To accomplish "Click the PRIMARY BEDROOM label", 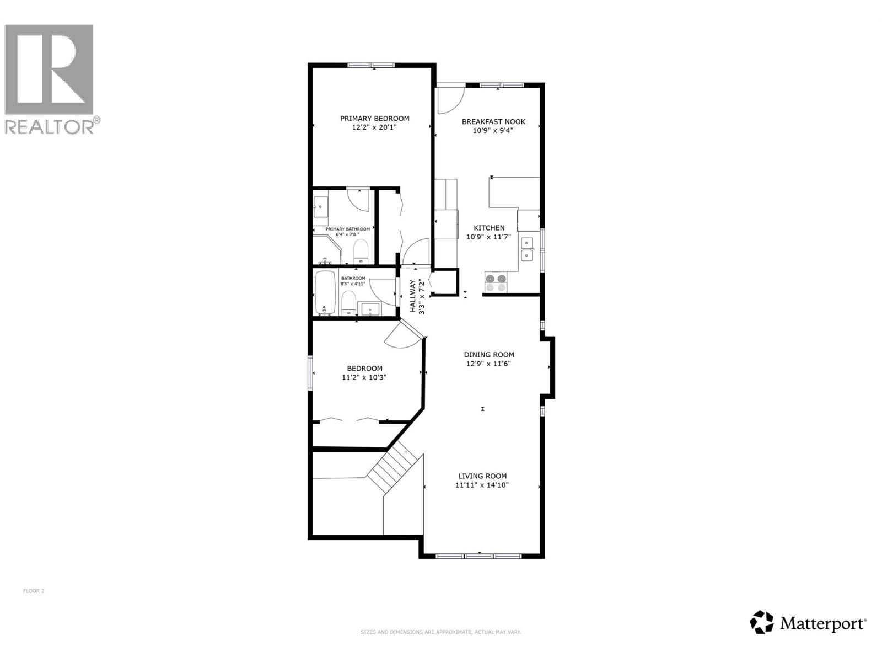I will pos(374,119).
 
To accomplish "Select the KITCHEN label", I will pos(489,228).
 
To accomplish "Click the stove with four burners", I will pos(495,283).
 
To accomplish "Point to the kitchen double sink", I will pos(528,249).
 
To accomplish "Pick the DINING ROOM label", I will pos(489,355).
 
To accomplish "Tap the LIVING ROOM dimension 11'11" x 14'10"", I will pos(482,485).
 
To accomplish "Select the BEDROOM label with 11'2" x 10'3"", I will pos(364,369).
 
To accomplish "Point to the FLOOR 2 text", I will pos(34,591).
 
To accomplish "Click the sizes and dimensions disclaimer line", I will pos(441,632).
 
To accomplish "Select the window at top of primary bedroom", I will pos(371,66).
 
